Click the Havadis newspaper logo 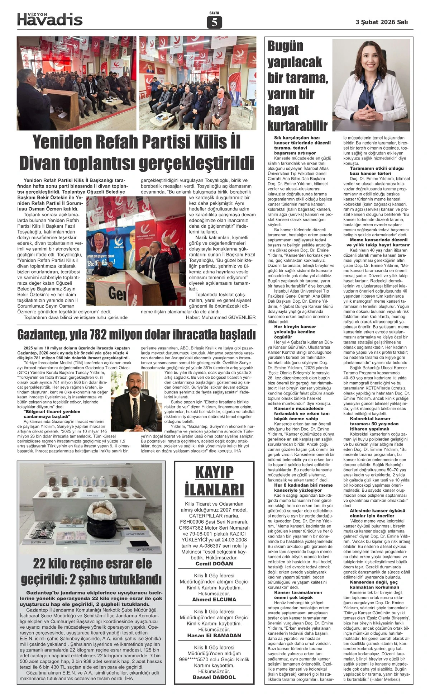click(x=50, y=19)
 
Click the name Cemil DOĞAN click(x=214, y=563)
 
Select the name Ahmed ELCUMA click(x=214, y=599)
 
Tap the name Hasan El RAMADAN click(x=214, y=635)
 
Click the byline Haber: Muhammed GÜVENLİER click(x=221, y=317)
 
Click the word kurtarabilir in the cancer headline click(x=297, y=126)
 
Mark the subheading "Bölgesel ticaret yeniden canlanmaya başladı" click(x=52, y=414)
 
